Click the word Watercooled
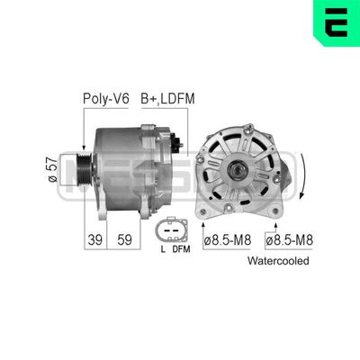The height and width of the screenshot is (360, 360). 278,261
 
